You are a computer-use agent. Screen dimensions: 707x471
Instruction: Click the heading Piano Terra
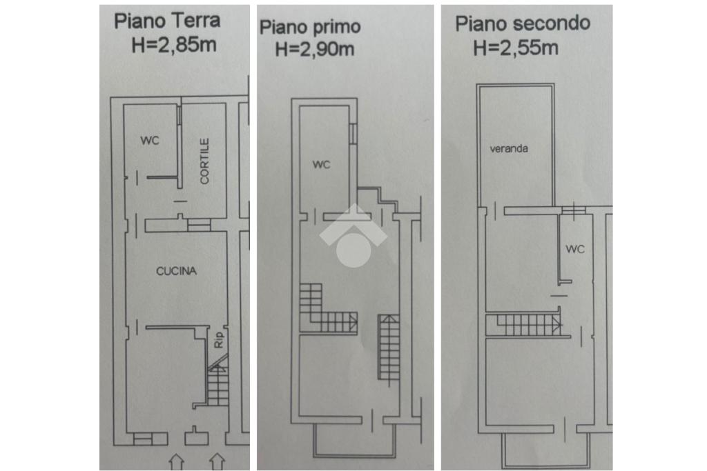[167, 20]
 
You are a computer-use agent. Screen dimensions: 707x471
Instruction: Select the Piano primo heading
[310, 27]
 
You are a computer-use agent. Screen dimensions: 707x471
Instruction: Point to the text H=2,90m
[315, 49]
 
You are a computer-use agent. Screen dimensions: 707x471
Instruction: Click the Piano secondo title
[523, 23]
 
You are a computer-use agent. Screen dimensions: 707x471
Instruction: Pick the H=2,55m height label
[516, 48]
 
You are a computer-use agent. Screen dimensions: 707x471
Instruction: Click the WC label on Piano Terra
[151, 141]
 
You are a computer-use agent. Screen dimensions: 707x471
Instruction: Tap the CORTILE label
[204, 161]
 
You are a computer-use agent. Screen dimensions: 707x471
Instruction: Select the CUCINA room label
[176, 271]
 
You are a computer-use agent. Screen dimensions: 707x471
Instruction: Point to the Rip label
[220, 340]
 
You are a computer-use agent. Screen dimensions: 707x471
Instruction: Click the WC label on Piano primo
[322, 165]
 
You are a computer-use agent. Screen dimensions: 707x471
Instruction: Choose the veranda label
[509, 148]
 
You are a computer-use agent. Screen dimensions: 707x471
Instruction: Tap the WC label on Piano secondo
[574, 248]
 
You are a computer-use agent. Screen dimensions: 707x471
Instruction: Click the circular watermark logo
[352, 238]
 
